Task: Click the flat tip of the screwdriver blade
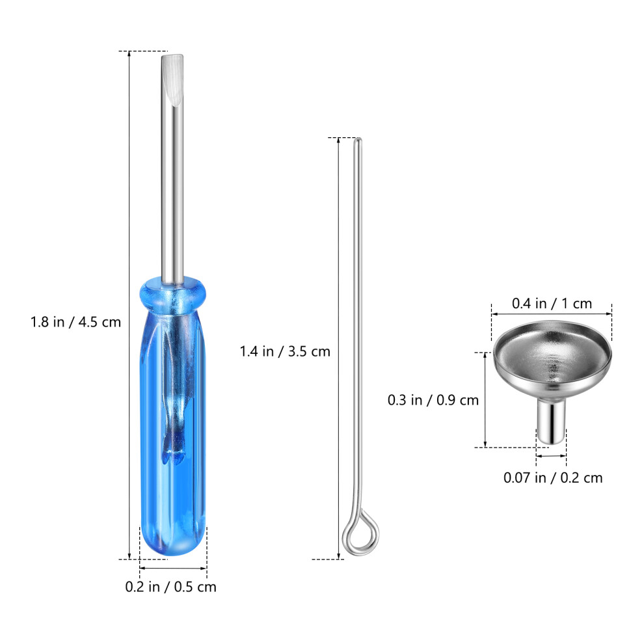172,56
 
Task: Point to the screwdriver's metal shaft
172,168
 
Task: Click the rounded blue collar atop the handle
172,293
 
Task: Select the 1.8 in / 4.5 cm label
75,322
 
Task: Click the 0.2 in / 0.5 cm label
171,587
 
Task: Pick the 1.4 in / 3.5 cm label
285,351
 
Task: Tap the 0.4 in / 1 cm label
552,304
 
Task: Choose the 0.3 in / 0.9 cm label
433,400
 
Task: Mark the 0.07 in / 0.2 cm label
553,477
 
